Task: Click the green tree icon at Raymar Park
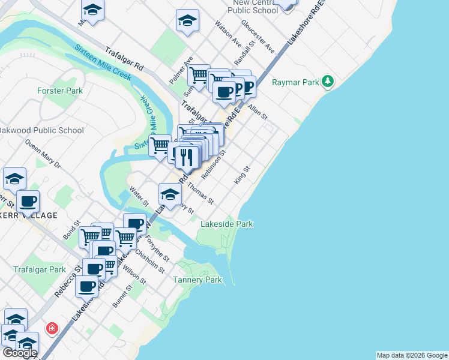(327, 80)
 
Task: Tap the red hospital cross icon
(53, 328)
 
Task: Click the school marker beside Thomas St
(170, 194)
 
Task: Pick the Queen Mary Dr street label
(43, 154)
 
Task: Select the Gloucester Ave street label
(258, 36)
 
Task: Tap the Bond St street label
(73, 232)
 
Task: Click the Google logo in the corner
(19, 352)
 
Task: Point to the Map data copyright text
(411, 355)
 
